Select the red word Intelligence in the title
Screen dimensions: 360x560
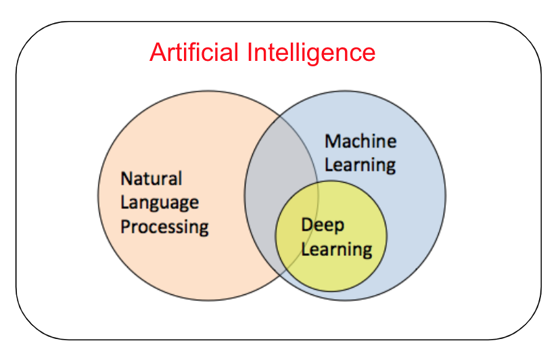(x=312, y=52)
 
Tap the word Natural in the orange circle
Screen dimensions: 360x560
(x=151, y=179)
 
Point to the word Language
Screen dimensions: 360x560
(x=160, y=203)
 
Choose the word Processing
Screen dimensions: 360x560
(x=164, y=227)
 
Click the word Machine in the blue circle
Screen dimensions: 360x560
(x=360, y=141)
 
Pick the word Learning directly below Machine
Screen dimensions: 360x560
(x=360, y=164)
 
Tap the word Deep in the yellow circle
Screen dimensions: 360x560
(x=323, y=225)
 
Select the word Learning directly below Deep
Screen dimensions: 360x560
(x=336, y=249)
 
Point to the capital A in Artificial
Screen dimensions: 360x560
(x=157, y=52)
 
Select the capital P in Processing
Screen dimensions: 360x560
(x=126, y=226)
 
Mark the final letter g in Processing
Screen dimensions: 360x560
(x=203, y=229)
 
